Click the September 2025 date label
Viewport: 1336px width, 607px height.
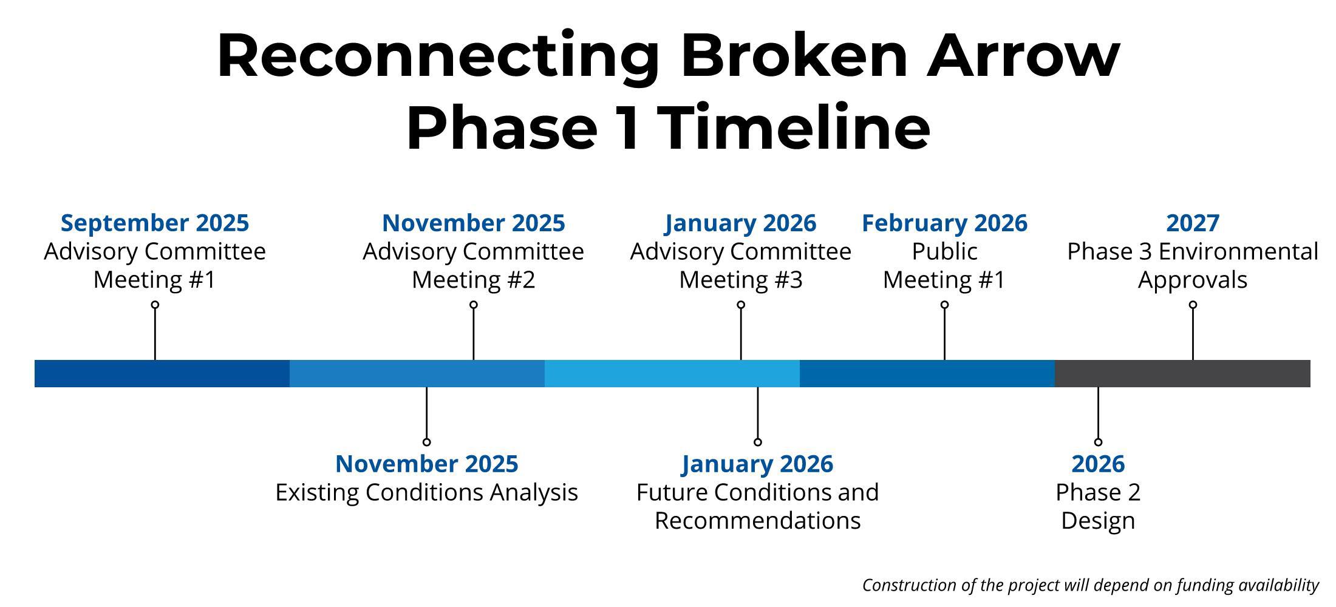click(x=155, y=223)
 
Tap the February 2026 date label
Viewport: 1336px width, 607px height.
click(x=944, y=223)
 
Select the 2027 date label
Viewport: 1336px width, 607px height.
click(x=1193, y=223)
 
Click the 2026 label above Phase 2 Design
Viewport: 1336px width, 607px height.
click(x=1098, y=464)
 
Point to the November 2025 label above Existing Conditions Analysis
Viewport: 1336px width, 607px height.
click(x=427, y=464)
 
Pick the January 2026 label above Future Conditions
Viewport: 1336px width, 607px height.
click(x=757, y=464)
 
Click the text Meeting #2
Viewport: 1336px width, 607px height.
click(x=474, y=280)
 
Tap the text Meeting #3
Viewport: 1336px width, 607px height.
click(x=741, y=280)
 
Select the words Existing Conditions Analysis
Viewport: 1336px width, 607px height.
click(x=427, y=492)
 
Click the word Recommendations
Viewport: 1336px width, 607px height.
click(x=757, y=521)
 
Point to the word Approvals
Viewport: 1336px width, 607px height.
click(x=1193, y=280)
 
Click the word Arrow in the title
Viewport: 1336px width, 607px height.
click(x=1023, y=56)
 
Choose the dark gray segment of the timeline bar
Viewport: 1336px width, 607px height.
click(x=1182, y=373)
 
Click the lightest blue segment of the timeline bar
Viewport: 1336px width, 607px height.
click(x=672, y=373)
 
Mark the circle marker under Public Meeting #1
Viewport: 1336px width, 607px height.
click(x=944, y=305)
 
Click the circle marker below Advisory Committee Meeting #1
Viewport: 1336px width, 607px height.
click(x=155, y=305)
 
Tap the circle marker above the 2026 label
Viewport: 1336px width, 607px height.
click(x=1098, y=442)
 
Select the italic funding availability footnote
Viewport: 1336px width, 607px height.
click(x=1091, y=585)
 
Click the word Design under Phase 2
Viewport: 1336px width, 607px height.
click(x=1098, y=521)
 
